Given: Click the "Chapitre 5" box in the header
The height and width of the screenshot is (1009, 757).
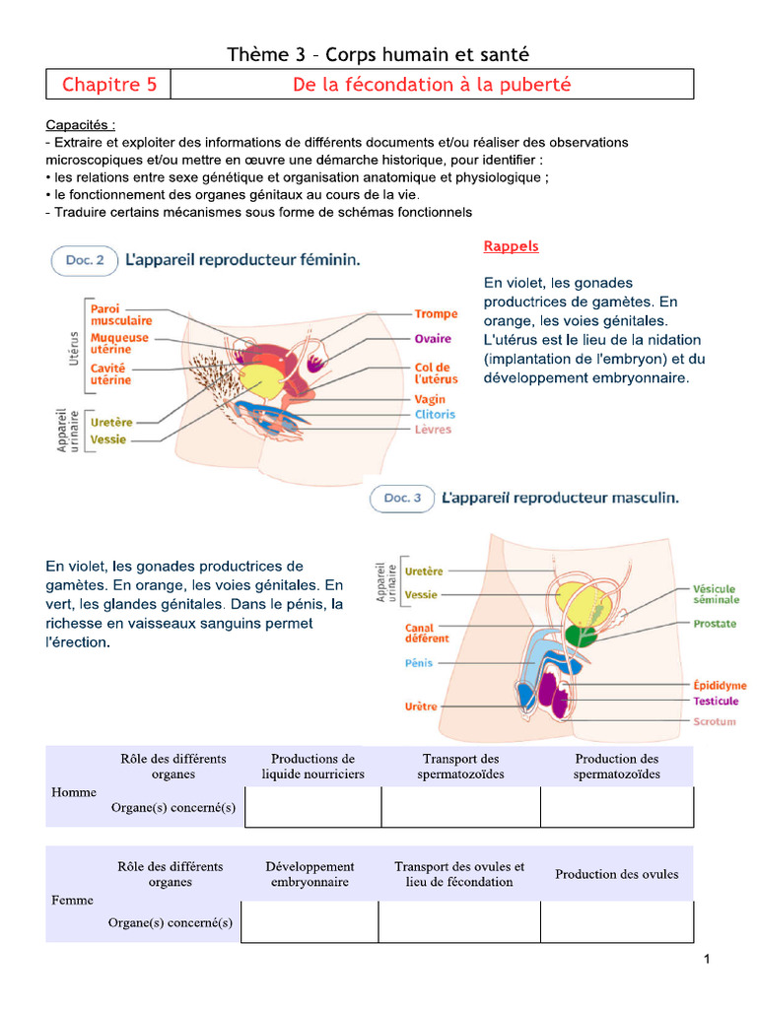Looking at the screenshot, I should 108,85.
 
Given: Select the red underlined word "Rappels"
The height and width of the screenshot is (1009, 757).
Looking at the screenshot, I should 511,246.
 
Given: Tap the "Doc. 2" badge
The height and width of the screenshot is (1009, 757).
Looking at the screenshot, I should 84,260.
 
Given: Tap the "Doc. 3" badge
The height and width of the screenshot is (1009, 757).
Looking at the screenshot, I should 401,499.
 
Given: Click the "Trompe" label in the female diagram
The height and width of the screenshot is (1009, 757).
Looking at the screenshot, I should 436,314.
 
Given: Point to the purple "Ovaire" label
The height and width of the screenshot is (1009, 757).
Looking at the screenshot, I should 433,339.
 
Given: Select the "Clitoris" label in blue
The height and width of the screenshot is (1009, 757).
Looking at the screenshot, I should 435,415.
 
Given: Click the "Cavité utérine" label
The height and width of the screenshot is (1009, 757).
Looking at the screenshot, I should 111,373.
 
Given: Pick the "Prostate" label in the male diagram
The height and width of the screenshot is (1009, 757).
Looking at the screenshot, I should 715,624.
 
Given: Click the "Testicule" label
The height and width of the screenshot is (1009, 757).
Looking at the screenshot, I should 716,701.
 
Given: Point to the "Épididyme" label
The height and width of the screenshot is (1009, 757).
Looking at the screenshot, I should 720,685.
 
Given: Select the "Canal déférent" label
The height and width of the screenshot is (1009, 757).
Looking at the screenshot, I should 427,633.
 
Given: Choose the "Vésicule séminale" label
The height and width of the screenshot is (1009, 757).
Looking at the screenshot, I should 715,594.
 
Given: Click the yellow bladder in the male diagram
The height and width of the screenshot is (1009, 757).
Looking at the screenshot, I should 574,600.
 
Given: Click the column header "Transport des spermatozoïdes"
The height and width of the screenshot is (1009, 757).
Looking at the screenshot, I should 460,767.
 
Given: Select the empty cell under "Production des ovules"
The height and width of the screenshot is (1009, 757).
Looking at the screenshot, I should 616,922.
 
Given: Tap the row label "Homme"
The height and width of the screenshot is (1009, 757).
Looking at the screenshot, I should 75,792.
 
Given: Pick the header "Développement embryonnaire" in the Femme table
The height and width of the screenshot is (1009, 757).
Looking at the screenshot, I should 310,874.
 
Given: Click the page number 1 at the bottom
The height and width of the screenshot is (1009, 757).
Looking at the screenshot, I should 707,961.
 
